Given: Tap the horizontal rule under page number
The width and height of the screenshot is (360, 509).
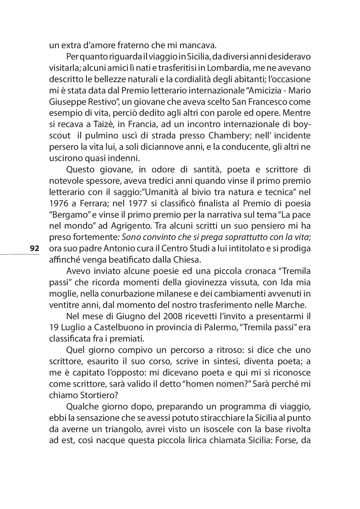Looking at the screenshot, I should pyautogui.click(x=20, y=255).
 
